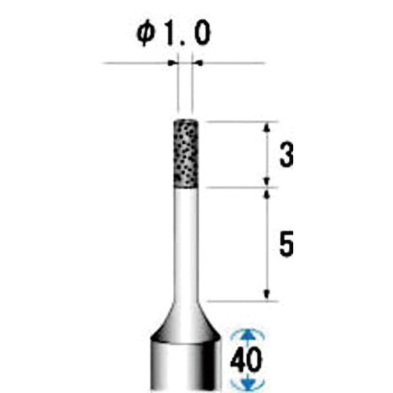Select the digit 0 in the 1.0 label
(202, 35)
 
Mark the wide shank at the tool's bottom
(185, 368)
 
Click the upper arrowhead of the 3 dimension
(267, 128)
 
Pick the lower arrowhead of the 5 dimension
(267, 294)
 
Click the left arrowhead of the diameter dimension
(172, 63)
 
